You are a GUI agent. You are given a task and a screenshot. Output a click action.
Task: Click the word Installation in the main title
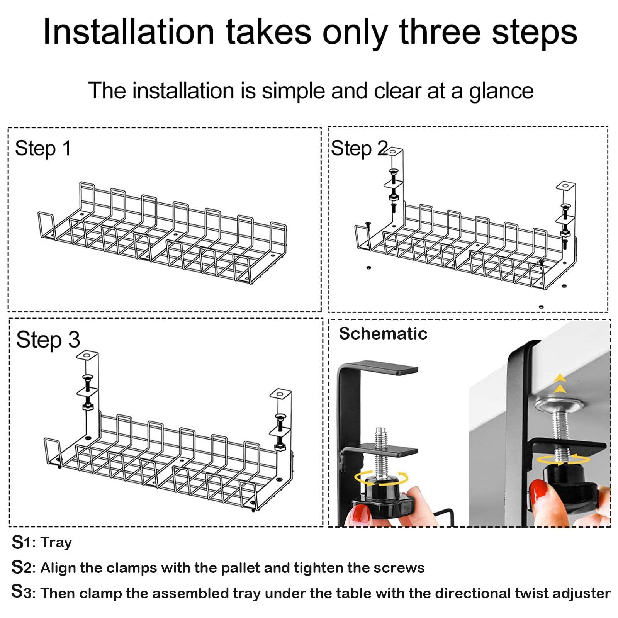pos(129,32)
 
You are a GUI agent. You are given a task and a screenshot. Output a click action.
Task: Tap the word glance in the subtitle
pos(501,92)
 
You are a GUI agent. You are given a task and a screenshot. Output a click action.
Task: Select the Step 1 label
pos(43,149)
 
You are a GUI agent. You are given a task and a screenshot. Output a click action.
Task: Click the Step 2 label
pos(360,149)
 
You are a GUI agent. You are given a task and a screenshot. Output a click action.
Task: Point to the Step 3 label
pos(48,340)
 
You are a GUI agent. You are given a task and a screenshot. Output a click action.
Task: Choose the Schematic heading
pos(383,334)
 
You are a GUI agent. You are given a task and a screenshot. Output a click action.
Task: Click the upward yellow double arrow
pos(560,384)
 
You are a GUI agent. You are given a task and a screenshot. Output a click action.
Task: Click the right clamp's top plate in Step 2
pos(566,186)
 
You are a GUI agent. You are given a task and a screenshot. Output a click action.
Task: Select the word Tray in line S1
pos(56,543)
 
